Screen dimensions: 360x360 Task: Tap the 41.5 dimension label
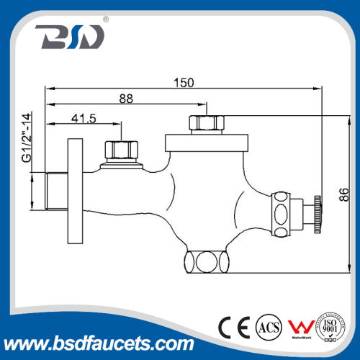[84, 117]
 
